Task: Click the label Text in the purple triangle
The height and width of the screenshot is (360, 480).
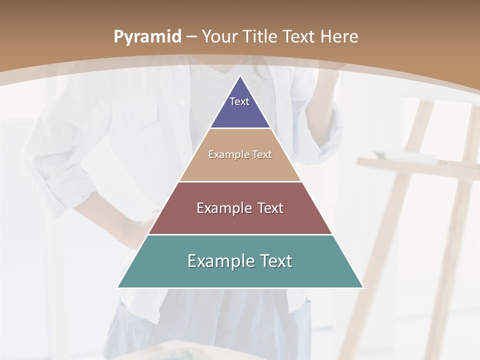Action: coord(239,101)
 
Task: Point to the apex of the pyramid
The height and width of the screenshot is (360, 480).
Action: coord(240,76)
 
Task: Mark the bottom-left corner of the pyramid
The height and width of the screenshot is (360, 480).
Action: coord(118,287)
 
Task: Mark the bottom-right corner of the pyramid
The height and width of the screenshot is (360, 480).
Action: coord(363,287)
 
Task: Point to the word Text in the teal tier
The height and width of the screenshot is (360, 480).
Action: coord(272,261)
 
